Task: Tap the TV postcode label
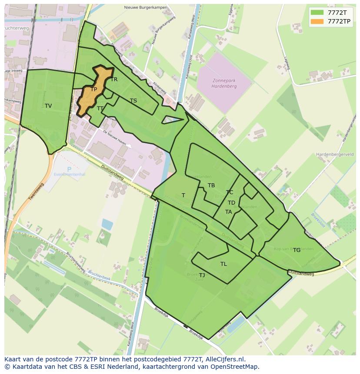tap(48, 106)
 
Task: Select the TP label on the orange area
tap(93, 89)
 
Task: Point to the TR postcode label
tap(114, 79)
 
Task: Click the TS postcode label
tap(133, 101)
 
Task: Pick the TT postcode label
tap(100, 109)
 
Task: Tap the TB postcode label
tap(211, 185)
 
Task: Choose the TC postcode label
tap(230, 192)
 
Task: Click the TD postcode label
tap(231, 203)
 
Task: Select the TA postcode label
tap(228, 212)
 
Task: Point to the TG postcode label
tap(297, 250)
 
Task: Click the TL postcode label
tap(223, 264)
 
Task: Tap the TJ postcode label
tap(202, 275)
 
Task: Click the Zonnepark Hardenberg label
tap(224, 83)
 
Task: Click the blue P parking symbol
tap(69, 169)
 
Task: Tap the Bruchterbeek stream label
tap(100, 275)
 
